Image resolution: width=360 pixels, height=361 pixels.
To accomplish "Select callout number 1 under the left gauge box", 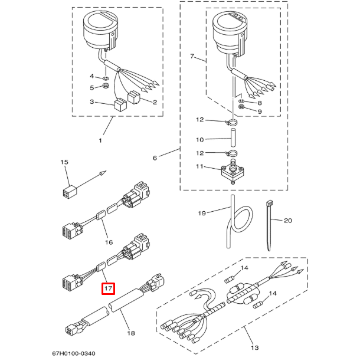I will [x=100, y=140].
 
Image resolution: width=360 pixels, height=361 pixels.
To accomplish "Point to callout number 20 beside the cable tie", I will [x=288, y=221].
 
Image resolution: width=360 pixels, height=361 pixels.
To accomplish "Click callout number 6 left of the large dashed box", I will [x=155, y=158].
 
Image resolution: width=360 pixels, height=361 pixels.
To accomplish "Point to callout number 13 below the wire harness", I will [x=255, y=347].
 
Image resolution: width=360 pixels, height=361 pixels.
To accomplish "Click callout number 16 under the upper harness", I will [x=108, y=242].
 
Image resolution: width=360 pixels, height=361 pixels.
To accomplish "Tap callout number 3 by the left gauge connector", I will [x=92, y=102].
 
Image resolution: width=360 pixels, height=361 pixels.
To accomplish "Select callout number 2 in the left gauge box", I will [x=155, y=102].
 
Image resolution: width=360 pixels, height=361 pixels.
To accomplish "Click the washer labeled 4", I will [x=104, y=78].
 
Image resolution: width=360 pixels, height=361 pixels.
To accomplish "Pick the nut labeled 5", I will [x=105, y=87].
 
